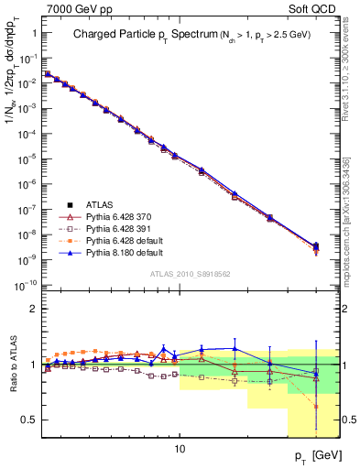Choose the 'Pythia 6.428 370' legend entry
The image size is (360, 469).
[x=117, y=215]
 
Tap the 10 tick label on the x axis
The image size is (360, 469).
[x=180, y=449]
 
